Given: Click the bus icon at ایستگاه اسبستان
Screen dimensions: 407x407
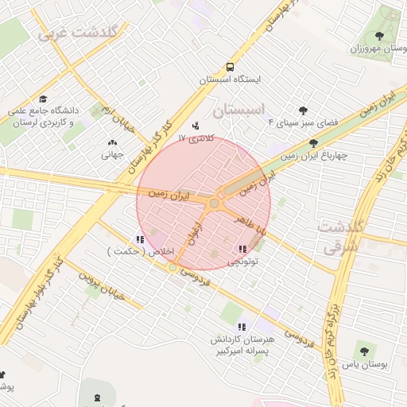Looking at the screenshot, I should click(230, 68).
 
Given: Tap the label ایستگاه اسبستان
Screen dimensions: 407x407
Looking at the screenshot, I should click(230, 80).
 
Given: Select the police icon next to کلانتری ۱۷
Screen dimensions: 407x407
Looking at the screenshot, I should click(197, 126).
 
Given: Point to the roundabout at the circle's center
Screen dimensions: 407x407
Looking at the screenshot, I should click(214, 204).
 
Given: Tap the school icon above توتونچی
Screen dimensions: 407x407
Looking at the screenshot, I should click(242, 250).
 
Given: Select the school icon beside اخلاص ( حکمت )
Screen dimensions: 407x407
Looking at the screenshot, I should click(140, 239).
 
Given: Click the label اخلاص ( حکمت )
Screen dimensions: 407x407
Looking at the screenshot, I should click(132, 251).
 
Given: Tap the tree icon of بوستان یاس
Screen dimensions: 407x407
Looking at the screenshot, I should click(364, 351).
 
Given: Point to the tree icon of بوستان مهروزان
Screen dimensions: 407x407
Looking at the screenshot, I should click(378, 36).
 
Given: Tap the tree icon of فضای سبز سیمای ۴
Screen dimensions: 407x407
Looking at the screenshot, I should click(303, 110).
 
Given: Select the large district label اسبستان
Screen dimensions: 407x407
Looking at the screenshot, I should click(243, 108).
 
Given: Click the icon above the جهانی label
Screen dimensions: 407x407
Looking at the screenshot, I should click(111, 143).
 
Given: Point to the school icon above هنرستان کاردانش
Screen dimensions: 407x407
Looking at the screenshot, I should click(242, 327).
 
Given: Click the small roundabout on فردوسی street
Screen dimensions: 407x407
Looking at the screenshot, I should click(172, 268).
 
